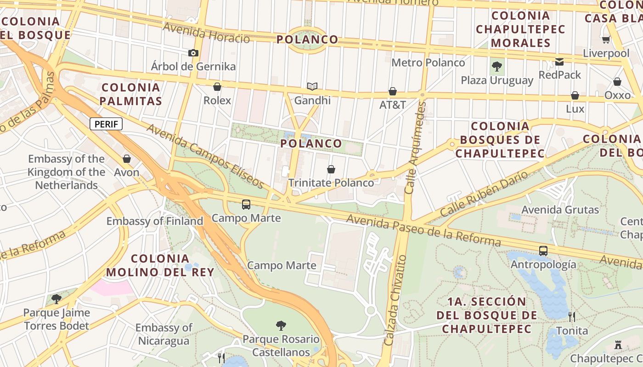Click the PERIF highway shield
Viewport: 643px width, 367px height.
pyautogui.click(x=106, y=124)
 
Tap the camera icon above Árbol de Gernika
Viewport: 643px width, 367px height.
pyautogui.click(x=193, y=53)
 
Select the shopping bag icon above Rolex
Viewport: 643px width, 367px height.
pyautogui.click(x=217, y=87)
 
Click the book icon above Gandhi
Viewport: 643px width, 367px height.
pyautogui.click(x=312, y=86)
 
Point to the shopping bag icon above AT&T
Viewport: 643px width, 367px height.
pyautogui.click(x=393, y=91)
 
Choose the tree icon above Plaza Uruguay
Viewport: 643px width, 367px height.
pyautogui.click(x=496, y=67)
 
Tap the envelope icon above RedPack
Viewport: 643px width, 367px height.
pyautogui.click(x=559, y=61)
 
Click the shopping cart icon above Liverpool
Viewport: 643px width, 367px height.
pyautogui.click(x=606, y=40)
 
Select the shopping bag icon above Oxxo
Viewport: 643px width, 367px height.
pyautogui.click(x=617, y=82)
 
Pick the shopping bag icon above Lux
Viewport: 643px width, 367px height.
pyautogui.click(x=575, y=95)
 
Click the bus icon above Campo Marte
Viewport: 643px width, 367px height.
pyautogui.click(x=246, y=204)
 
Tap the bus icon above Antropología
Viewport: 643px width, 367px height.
pyautogui.click(x=543, y=251)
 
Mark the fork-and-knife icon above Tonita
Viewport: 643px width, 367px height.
pyautogui.click(x=572, y=317)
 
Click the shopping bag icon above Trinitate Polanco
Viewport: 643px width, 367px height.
pyautogui.click(x=331, y=169)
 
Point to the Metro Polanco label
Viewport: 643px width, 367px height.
pyautogui.click(x=428, y=62)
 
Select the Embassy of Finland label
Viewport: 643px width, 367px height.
pyautogui.click(x=155, y=221)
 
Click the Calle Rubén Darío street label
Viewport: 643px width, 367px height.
pyautogui.click(x=484, y=195)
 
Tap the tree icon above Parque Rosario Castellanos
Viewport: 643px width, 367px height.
pyautogui.click(x=281, y=326)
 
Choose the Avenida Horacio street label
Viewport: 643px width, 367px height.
pyautogui.click(x=206, y=33)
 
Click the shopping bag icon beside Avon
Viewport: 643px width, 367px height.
pyautogui.click(x=127, y=159)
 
